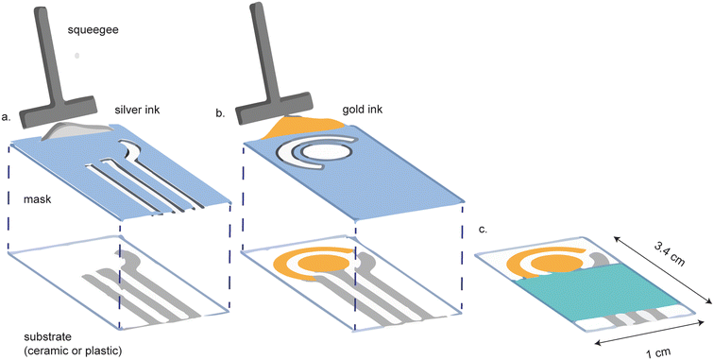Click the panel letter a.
click(8, 119)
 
